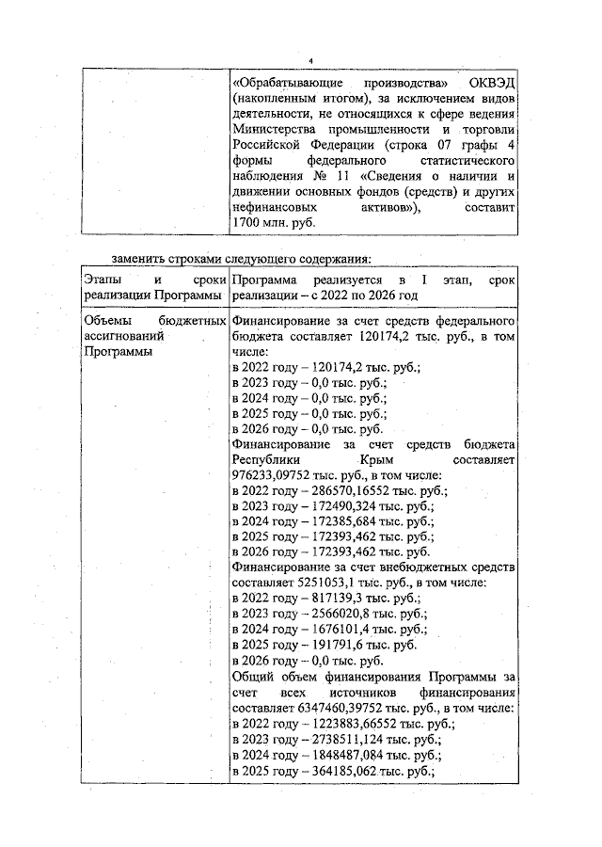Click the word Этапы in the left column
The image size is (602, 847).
click(x=102, y=280)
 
